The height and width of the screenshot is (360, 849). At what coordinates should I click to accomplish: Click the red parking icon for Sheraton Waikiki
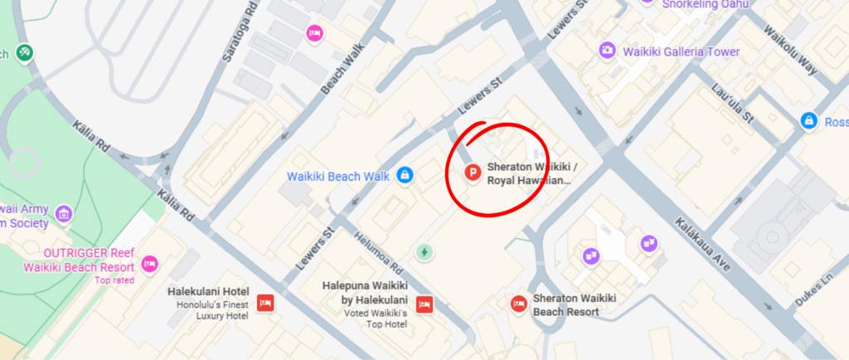point(473,173)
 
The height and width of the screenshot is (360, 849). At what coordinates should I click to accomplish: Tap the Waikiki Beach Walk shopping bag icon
point(405,176)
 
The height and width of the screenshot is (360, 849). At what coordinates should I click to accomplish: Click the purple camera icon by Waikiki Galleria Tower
point(608,51)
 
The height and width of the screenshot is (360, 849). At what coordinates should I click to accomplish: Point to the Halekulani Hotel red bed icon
point(265,303)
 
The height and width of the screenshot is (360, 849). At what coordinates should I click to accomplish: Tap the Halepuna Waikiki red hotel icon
point(424,304)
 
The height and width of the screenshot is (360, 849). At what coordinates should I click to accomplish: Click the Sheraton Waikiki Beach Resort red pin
point(520,304)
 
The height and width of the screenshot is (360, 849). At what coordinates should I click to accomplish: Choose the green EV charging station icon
point(424,251)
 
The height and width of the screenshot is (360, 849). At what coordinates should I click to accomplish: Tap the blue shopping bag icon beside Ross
point(807,121)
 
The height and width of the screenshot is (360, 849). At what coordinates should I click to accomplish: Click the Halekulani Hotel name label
point(208,292)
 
